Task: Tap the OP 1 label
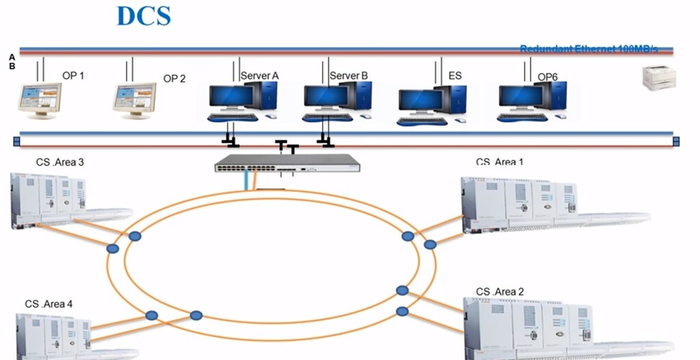pos(73,75)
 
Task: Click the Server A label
pos(259,75)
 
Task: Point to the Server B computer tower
pos(357,96)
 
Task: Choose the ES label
pos(454,75)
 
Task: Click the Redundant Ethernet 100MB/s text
pos(588,49)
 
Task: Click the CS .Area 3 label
pos(60,162)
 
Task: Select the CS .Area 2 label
pos(500,292)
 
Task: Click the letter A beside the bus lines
pos(12,57)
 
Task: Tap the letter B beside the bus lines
pos(12,66)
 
